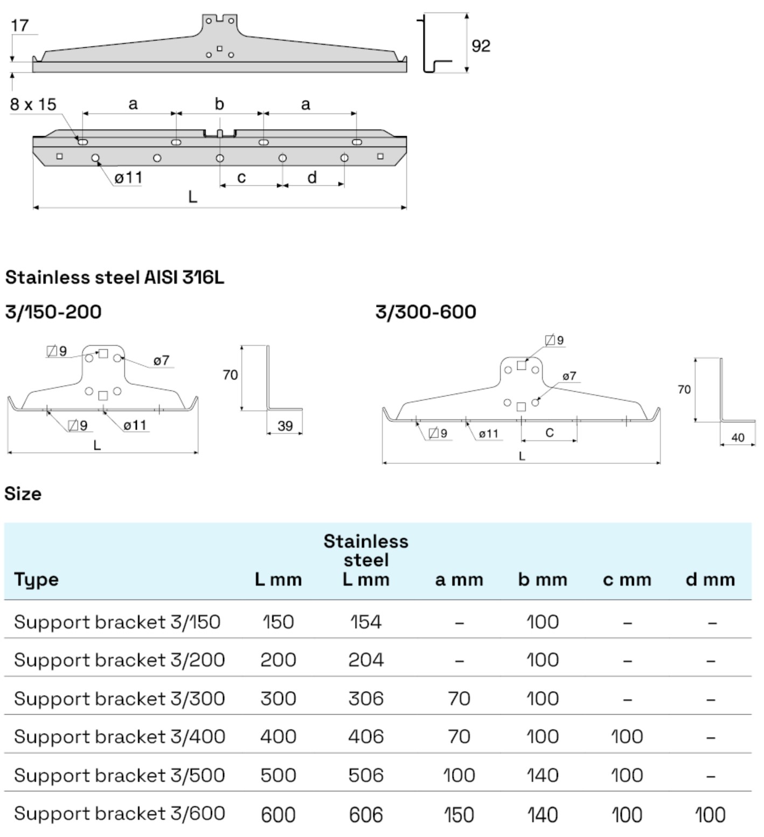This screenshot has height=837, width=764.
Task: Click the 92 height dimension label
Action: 481,46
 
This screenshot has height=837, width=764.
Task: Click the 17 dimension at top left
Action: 19,25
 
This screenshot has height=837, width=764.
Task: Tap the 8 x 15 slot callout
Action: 33,104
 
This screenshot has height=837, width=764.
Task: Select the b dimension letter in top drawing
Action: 219,104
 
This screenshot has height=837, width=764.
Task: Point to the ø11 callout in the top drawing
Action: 128,178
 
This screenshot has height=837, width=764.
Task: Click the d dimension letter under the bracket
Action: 312,177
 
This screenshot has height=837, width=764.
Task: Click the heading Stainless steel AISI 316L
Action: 115,278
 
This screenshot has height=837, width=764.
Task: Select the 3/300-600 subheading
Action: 426,312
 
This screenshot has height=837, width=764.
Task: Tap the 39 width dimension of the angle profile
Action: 285,426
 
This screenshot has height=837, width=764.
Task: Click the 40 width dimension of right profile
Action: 738,438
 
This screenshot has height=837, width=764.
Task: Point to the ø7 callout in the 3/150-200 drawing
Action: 161,361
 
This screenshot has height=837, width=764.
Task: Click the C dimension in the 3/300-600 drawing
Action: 549,433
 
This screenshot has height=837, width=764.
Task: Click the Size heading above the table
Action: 23,494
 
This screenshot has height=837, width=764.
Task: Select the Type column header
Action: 36,580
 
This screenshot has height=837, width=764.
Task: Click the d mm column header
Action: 710,580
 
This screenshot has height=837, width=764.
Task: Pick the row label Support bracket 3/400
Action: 119,736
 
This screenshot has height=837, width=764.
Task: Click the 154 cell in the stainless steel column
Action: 366,622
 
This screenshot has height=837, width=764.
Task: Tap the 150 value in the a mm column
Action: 459,814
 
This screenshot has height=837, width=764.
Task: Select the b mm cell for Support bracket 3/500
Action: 542,776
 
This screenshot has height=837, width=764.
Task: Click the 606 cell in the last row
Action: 366,814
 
